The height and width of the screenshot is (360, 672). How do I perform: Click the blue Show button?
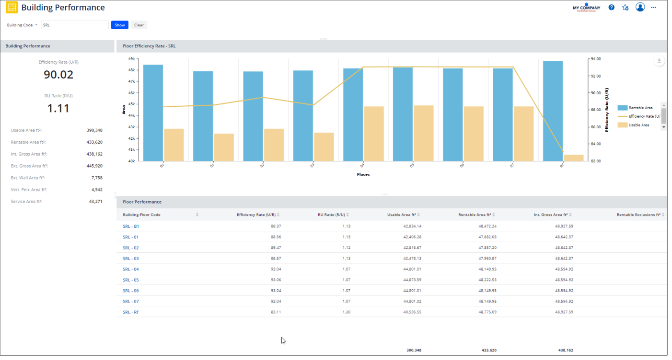[119, 25]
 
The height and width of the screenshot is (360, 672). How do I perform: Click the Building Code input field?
[75, 25]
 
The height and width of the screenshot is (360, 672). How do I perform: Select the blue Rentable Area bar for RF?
[553, 111]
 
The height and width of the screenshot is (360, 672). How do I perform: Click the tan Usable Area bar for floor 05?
[424, 133]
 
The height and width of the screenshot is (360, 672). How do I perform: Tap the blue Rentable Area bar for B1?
[153, 112]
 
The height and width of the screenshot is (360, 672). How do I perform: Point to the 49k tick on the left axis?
[131, 59]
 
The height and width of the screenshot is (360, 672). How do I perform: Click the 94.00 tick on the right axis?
[596, 59]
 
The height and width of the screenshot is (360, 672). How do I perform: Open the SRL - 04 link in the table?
[131, 269]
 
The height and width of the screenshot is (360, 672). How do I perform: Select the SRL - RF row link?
[131, 312]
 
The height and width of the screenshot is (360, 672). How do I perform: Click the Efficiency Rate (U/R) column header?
[256, 214]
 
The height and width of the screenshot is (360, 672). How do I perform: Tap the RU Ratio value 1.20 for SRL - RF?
[346, 312]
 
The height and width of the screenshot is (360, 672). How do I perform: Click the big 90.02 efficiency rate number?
[58, 75]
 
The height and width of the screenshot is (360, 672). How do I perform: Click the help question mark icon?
[612, 8]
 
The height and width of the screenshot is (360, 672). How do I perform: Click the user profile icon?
[640, 7]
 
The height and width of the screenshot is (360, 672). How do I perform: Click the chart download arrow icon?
[659, 61]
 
